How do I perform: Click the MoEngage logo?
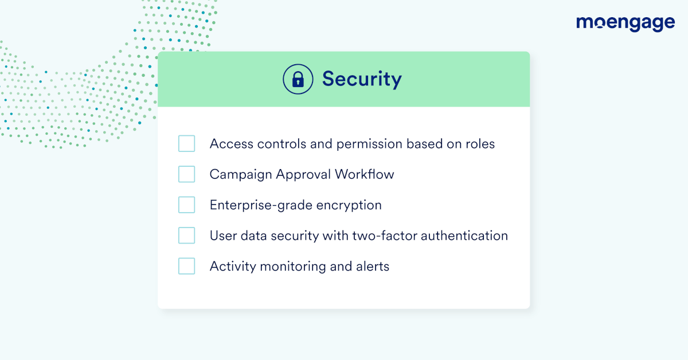click(626, 24)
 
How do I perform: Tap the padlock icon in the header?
click(298, 79)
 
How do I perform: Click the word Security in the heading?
click(362, 79)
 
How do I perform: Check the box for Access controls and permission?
click(187, 143)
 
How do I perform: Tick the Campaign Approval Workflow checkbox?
click(187, 174)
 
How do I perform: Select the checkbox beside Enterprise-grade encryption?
click(187, 205)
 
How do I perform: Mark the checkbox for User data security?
click(187, 236)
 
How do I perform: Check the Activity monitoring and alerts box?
click(187, 266)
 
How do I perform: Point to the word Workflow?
click(364, 174)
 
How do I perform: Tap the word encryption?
click(349, 205)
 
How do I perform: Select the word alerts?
click(373, 267)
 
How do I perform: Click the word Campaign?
click(241, 175)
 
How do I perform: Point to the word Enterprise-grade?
click(261, 205)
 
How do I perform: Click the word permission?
click(369, 144)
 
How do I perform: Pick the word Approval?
click(303, 175)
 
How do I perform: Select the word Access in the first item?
click(232, 144)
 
